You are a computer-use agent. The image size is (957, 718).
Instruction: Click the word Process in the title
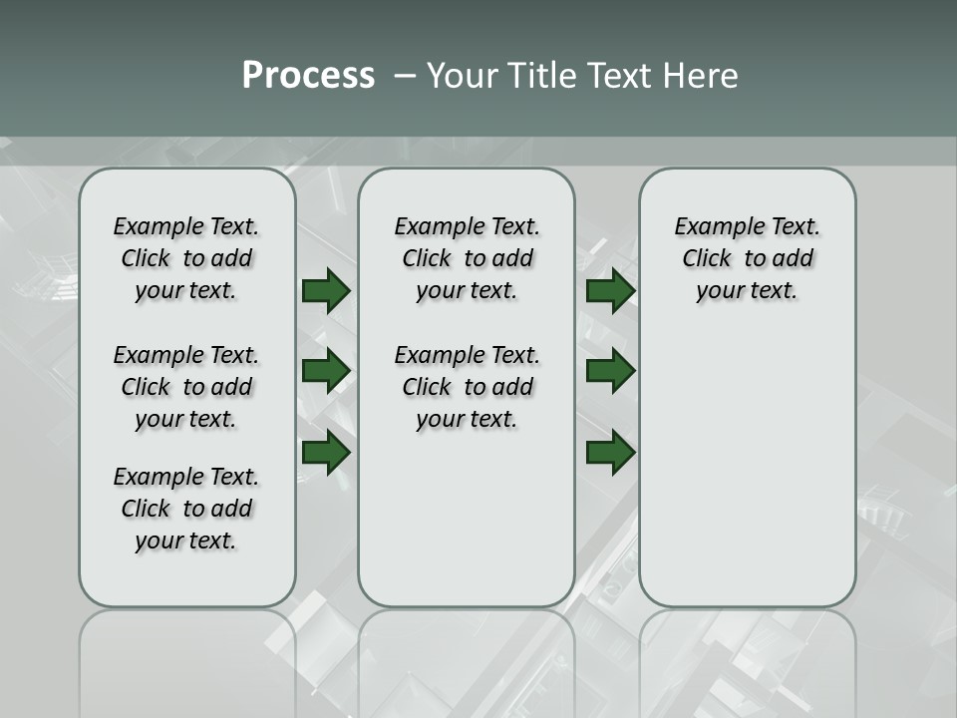[x=308, y=76]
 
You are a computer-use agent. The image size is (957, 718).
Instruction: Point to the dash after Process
[x=404, y=77]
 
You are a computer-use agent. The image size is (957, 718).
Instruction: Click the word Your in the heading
[x=464, y=76]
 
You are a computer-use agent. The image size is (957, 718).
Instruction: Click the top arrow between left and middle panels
[x=326, y=290]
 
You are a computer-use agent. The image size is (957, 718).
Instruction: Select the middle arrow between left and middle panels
[x=326, y=371]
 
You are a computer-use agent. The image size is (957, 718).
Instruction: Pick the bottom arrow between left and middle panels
[x=326, y=452]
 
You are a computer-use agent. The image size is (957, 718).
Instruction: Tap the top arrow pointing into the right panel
[x=610, y=290]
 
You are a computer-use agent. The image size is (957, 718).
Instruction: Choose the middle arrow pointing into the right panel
[x=610, y=371]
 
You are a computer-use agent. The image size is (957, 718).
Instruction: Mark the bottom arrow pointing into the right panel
[x=610, y=452]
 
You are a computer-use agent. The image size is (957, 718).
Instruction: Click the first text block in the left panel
[x=186, y=258]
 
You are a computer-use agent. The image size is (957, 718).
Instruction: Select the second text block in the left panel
[x=186, y=387]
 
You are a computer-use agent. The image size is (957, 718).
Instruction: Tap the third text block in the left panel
[x=186, y=509]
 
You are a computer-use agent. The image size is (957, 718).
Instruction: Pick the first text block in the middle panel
[x=467, y=258]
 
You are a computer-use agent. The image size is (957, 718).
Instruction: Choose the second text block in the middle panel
[x=467, y=387]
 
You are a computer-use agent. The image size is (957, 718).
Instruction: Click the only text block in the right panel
[x=748, y=258]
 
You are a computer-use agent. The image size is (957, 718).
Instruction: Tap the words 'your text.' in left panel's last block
[x=186, y=540]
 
